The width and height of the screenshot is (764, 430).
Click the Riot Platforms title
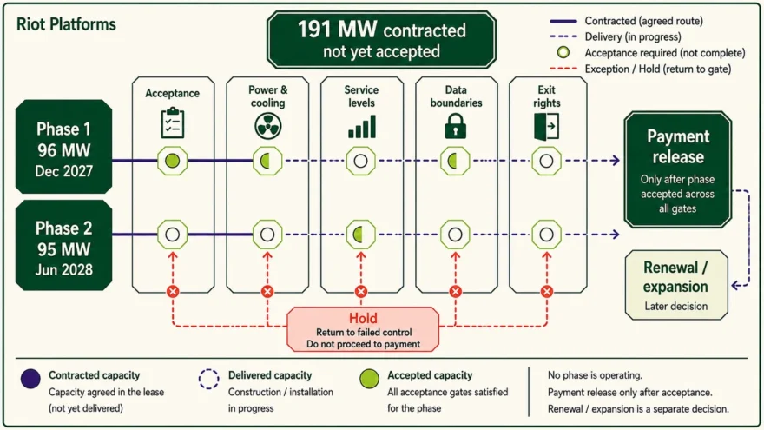pos(66,24)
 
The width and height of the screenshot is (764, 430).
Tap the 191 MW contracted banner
pos(381,40)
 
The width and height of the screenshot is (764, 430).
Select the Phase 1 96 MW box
pos(64,147)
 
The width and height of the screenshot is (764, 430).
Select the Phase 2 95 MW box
pos(64,246)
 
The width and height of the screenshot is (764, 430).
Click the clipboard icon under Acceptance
pos(173,123)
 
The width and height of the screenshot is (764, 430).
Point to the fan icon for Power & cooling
pos(267,126)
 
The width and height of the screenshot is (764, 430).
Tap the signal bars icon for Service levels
pos(361,126)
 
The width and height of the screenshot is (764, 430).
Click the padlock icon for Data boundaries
pos(456,126)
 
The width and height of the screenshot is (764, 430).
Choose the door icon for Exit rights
pos(546,126)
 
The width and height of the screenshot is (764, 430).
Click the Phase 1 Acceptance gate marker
pos(173,161)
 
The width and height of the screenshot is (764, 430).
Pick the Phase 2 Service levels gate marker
pos(360,235)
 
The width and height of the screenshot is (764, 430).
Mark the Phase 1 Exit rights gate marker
pos(546,161)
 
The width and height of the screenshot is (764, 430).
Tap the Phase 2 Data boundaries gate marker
pos(455,235)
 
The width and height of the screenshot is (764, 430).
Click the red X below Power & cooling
pos(267,292)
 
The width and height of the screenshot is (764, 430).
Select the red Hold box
pos(363,329)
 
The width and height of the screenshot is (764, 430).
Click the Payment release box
pos(678,169)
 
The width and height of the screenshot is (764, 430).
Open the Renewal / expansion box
pos(676,285)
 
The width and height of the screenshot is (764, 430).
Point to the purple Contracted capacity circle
pos(30,379)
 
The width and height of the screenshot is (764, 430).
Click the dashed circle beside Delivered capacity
pos(208,379)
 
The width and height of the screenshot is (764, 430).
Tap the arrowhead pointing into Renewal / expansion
pos(735,286)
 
